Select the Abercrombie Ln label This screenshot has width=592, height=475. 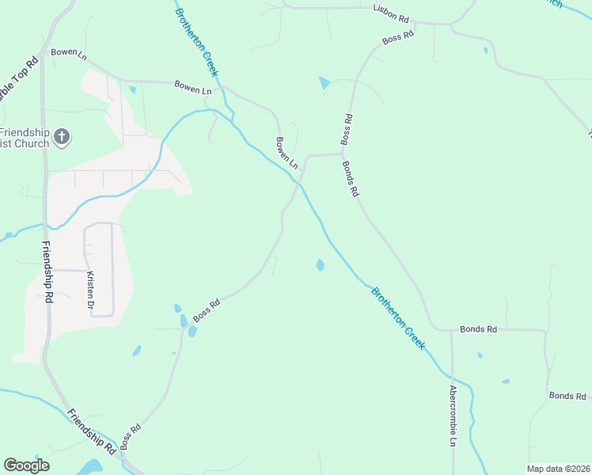pyautogui.click(x=452, y=416)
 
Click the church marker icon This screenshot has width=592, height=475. pyautogui.click(x=62, y=139)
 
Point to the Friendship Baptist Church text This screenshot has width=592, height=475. pyautogui.click(x=24, y=138)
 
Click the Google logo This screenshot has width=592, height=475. pyautogui.click(x=26, y=465)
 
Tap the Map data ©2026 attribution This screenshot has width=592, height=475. pyautogui.click(x=558, y=469)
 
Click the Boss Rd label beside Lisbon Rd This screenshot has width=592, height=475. pyautogui.click(x=398, y=37)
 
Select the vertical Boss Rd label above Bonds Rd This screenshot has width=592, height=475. pyautogui.click(x=347, y=129)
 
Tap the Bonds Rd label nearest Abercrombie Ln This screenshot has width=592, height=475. pyautogui.click(x=479, y=329)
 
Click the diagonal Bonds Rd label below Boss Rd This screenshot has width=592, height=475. pyautogui.click(x=351, y=179)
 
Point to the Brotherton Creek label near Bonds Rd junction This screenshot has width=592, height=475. pyautogui.click(x=399, y=318)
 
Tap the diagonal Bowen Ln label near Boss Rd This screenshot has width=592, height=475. pyautogui.click(x=287, y=153)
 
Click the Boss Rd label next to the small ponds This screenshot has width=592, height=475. pyautogui.click(x=205, y=309)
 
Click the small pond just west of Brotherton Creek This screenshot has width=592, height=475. pyautogui.click(x=320, y=265)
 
